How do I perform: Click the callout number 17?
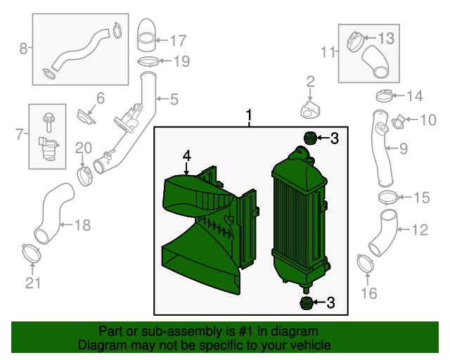click(176, 40)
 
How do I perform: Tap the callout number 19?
click(181, 62)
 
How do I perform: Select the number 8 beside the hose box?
click(23, 49)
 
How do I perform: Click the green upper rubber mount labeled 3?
click(308, 137)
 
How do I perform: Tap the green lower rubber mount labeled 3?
click(306, 303)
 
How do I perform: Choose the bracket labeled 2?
click(310, 110)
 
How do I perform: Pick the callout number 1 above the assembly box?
click(248, 115)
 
